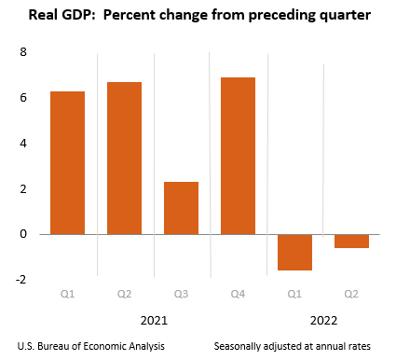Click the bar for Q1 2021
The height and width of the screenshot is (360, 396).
click(x=68, y=162)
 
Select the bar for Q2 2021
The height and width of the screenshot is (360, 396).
click(x=124, y=158)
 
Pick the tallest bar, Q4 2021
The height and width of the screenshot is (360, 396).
click(x=238, y=156)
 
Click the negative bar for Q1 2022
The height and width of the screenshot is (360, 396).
click(x=294, y=252)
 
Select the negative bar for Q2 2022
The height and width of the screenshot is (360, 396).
click(x=351, y=241)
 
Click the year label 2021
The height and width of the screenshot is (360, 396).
click(x=155, y=320)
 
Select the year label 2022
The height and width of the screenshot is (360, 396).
click(x=325, y=320)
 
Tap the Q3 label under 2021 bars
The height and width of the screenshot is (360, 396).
click(x=181, y=295)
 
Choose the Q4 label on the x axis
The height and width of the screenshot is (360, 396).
click(x=238, y=295)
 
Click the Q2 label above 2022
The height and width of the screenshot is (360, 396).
click(x=351, y=295)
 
